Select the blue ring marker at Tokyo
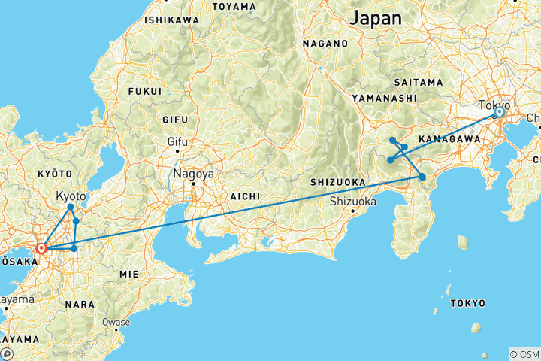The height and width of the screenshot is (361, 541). click(498, 113)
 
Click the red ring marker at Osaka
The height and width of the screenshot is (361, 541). click(41, 247)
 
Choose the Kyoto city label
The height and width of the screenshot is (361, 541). click(71, 196)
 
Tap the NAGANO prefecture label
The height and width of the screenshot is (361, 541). click(324, 44)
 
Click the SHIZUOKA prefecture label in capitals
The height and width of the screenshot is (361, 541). click(338, 182)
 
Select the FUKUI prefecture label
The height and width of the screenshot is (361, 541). click(146, 92)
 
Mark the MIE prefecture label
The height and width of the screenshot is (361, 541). click(128, 275)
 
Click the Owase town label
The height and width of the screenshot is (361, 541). click(116, 322)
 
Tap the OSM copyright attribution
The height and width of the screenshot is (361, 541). click(524, 354)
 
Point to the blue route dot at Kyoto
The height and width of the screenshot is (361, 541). click(71, 207)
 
